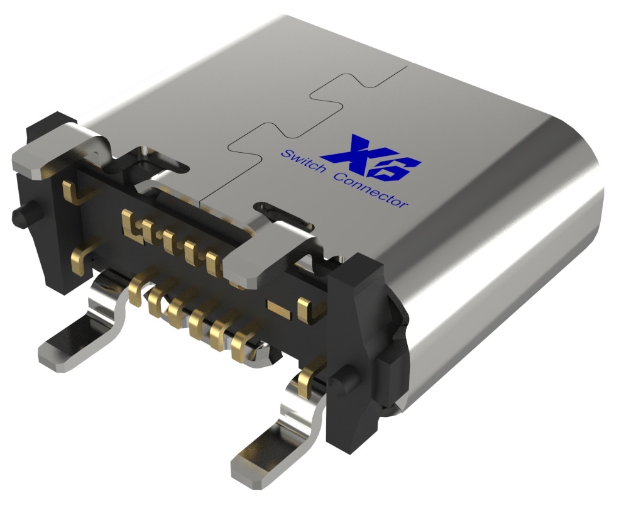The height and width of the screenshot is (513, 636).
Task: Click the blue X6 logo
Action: coord(371,158)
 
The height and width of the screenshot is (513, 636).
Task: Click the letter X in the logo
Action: coord(353,151)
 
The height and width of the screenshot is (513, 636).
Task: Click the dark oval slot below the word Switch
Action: coord(286,214)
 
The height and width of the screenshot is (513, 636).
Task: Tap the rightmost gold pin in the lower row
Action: coord(241,349)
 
